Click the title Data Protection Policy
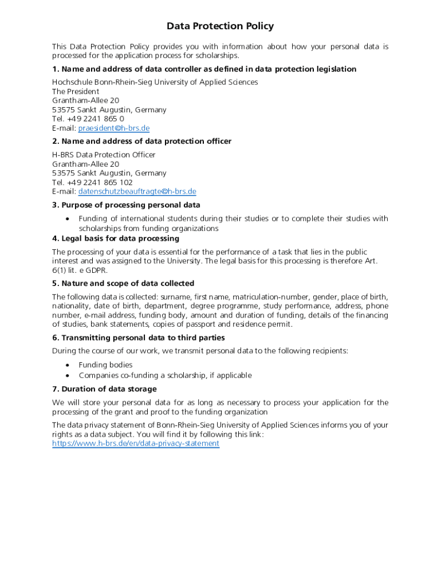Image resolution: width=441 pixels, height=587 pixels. pos(220,26)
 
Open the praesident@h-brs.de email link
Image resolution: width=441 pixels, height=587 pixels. pos(113,128)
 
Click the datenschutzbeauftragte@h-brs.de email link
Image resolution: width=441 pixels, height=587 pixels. pos(137,191)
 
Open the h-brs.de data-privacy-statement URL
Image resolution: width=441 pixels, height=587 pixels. pos(135,444)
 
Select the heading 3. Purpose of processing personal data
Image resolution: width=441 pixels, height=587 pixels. pos(126,205)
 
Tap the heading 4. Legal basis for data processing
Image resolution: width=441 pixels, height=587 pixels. pos(115,238)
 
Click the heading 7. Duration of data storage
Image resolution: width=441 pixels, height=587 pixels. pos(104,389)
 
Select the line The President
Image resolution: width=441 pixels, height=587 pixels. pos(76,91)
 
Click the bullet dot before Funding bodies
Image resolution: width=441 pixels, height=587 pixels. pos(68,365)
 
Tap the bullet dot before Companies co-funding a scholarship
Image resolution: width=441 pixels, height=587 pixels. pos(68,375)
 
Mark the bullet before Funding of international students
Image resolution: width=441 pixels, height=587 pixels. pos(68,219)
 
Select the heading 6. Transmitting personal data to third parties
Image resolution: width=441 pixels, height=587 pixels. pos(138,338)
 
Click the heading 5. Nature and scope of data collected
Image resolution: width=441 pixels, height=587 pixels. pos(123,284)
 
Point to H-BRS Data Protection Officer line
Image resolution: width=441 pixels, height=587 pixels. pos(104,155)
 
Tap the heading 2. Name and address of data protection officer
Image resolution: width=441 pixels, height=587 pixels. pos(141,142)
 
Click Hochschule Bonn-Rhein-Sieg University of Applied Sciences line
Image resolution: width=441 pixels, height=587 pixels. pos(155,82)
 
